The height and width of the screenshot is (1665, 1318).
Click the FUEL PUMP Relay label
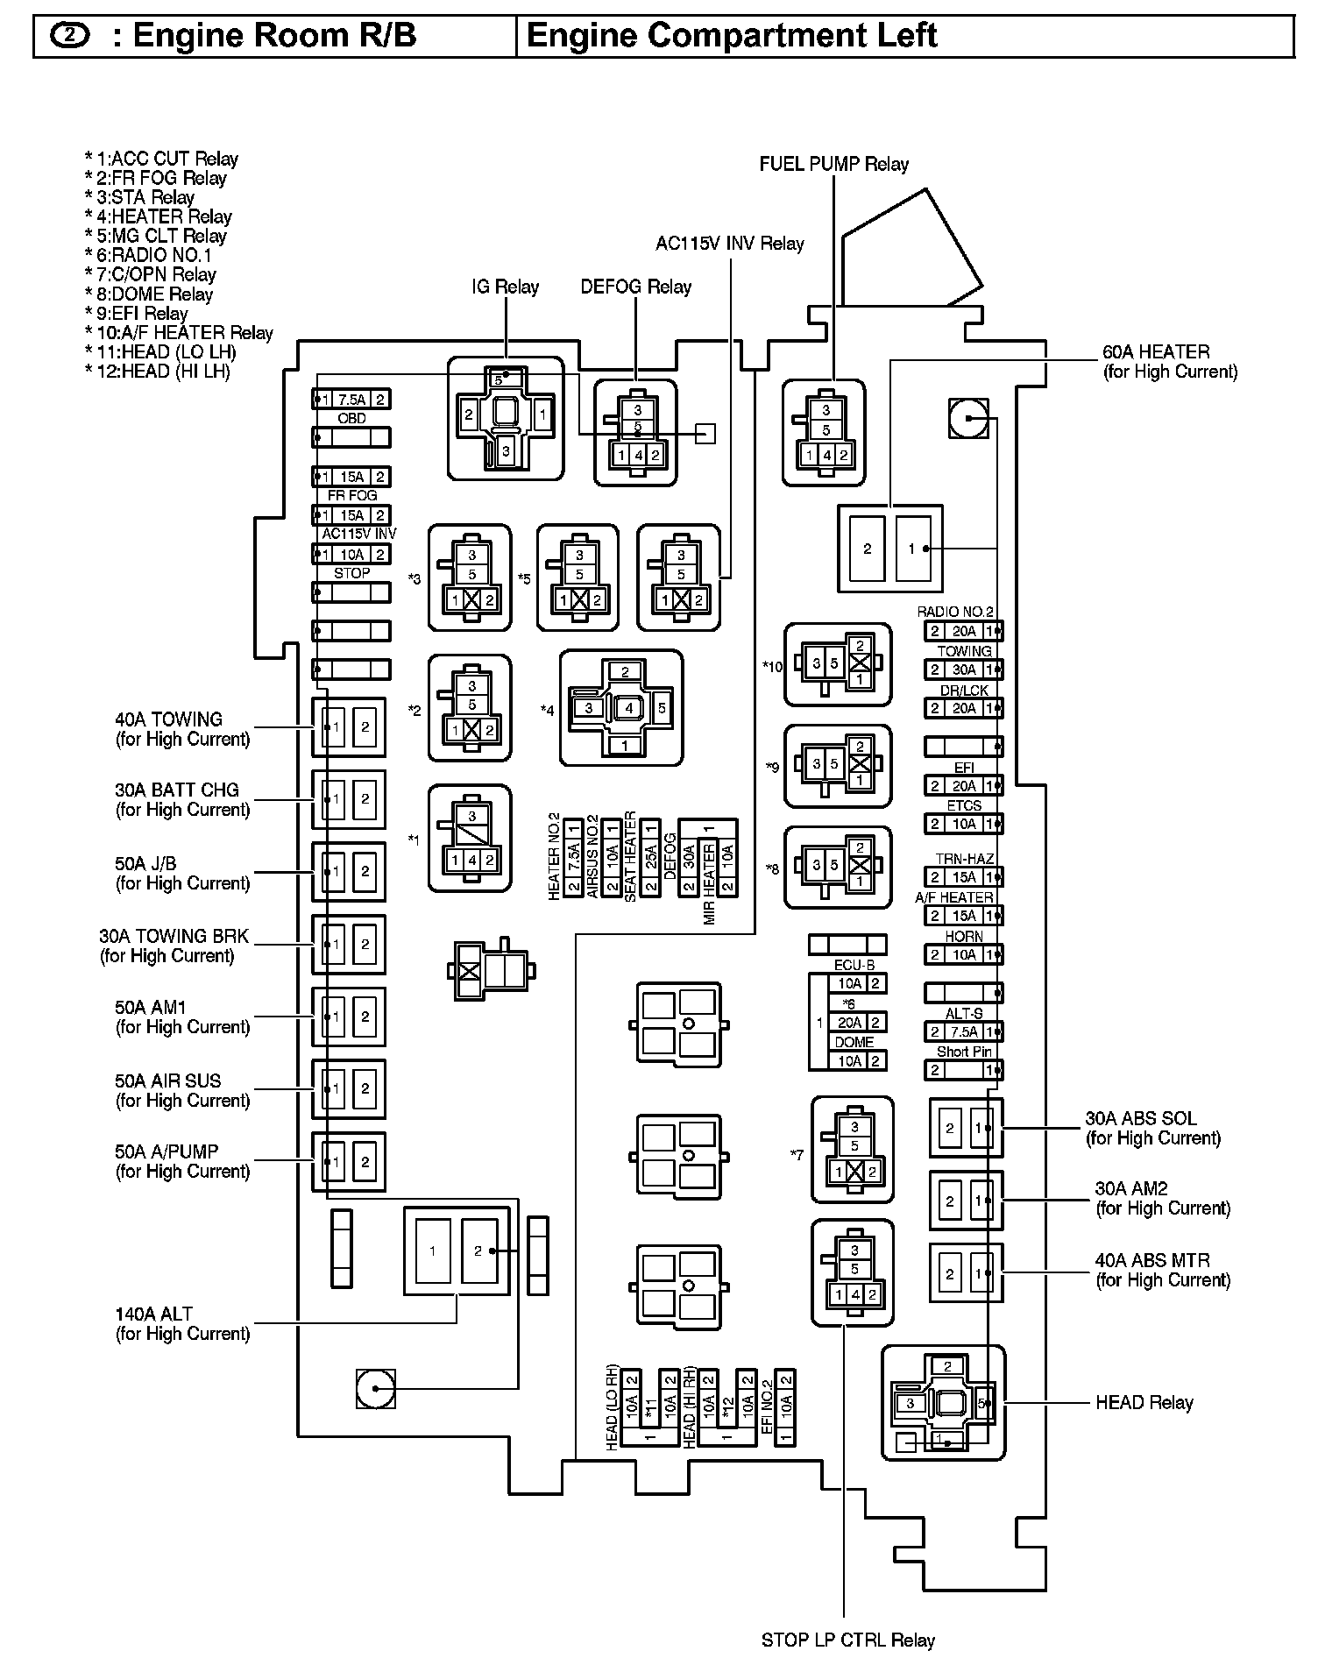[x=833, y=164]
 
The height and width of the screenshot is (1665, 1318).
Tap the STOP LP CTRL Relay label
[x=847, y=1640]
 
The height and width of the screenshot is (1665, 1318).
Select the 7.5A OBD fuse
[x=351, y=400]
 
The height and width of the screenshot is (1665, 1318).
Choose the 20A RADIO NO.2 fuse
[x=963, y=631]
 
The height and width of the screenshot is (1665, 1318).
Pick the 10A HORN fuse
[x=963, y=955]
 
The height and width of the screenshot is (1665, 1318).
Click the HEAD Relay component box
[x=943, y=1403]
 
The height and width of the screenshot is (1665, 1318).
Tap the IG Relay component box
[x=506, y=418]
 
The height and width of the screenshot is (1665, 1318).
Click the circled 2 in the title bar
[x=70, y=36]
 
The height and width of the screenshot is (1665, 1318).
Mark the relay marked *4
[x=621, y=708]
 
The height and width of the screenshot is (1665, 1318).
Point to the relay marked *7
[x=853, y=1150]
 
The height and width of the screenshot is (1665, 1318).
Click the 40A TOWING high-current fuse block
[x=349, y=727]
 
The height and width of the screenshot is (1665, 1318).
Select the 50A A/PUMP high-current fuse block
[x=349, y=1162]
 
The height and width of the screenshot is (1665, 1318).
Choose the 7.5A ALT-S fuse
[x=963, y=1032]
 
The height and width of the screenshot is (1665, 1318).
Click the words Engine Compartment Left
[x=732, y=36]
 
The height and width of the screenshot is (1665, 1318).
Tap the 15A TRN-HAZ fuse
[x=963, y=877]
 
